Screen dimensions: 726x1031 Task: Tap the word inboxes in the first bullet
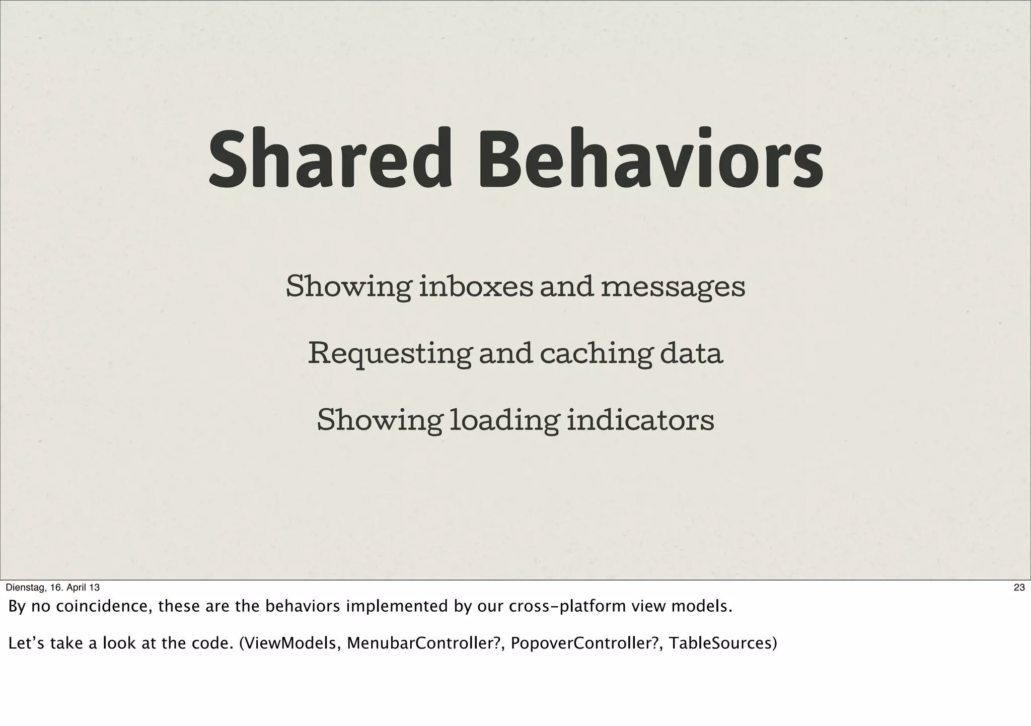pyautogui.click(x=476, y=287)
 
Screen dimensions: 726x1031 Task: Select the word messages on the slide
pyautogui.click(x=673, y=288)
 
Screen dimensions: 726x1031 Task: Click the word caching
pyautogui.click(x=595, y=354)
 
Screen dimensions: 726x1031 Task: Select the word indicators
pyautogui.click(x=640, y=420)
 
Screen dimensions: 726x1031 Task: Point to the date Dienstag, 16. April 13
pyautogui.click(x=52, y=588)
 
